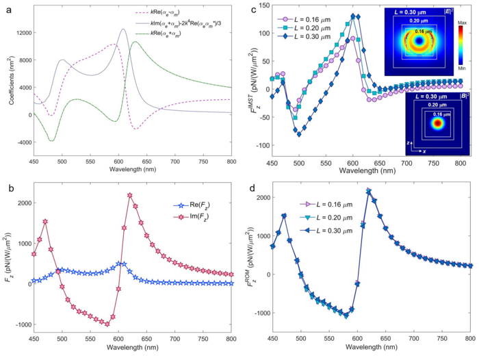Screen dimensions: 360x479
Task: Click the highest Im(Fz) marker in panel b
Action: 130,195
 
